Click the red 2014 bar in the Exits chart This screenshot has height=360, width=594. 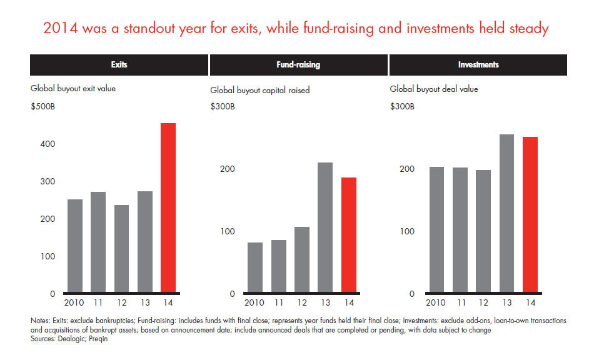(168, 207)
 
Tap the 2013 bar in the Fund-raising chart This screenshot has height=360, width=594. (325, 227)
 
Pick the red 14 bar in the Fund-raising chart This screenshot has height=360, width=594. (349, 235)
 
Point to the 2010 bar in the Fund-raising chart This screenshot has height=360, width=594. (254, 267)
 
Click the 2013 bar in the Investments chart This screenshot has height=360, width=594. (506, 214)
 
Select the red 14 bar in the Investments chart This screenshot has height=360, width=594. (530, 215)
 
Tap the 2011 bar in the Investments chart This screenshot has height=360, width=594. (460, 230)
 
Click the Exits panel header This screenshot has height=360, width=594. (119, 65)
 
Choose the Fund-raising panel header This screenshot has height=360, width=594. (298, 65)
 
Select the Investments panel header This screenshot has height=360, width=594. (478, 65)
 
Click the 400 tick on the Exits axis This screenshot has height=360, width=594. (48, 144)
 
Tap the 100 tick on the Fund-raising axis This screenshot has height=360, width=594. (228, 231)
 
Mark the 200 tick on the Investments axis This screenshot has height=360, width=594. (407, 169)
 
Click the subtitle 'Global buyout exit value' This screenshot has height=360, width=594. (73, 89)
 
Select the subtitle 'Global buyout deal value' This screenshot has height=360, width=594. (434, 89)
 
